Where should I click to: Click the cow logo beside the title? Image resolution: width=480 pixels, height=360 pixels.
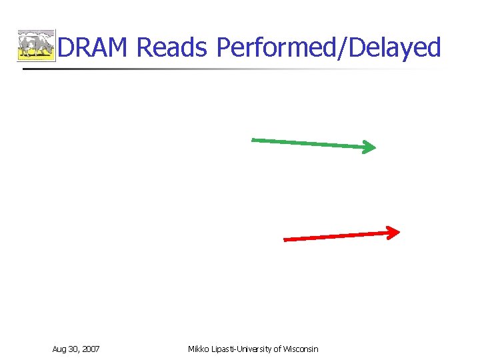pos(36,46)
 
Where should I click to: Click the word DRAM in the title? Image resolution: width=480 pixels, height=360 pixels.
pos(94,48)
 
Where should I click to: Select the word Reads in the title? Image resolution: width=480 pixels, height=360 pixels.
pos(173,48)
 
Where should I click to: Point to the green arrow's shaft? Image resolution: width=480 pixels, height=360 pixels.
pos(307,143)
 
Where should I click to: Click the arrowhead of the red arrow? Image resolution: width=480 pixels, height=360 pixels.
pos(393,232)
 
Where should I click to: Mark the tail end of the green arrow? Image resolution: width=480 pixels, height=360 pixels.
pos(253,139)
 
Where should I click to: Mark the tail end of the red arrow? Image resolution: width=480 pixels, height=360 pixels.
pos(285,239)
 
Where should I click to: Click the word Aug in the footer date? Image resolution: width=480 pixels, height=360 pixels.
pos(59,349)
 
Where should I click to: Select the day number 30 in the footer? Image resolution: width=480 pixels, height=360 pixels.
pos(75,349)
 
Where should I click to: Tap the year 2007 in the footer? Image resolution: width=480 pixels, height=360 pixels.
pos(91,349)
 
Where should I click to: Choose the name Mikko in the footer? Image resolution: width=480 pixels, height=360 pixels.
pos(199,349)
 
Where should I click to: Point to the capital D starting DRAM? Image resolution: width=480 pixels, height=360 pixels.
pos(65,48)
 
